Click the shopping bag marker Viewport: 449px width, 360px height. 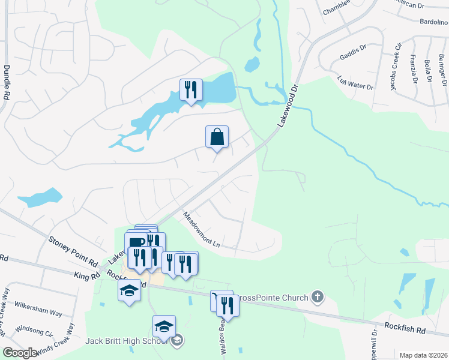click(x=217, y=137)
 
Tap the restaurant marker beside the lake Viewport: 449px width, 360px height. click(x=191, y=91)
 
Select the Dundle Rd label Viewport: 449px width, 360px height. click(x=7, y=82)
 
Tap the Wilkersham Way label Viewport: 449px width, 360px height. click(x=38, y=313)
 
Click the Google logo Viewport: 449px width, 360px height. click(x=20, y=353)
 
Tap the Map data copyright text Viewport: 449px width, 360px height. click(x=423, y=355)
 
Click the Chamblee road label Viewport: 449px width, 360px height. click(x=337, y=11)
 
